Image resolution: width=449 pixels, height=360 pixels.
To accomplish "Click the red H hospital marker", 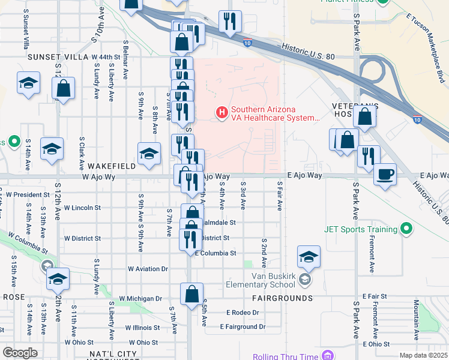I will (x=221, y=112).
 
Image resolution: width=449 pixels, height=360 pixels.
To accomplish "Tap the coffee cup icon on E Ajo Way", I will (x=385, y=175).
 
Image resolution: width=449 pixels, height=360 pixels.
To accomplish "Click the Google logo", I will (x=20, y=353).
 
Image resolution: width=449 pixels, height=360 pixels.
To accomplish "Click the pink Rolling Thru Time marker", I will (x=327, y=356).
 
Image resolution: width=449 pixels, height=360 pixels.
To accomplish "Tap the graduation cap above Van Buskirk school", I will (x=309, y=257).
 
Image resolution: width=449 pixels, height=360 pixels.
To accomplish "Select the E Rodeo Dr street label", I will (x=243, y=313).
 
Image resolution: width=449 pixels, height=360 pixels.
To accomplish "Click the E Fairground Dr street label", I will (x=243, y=327).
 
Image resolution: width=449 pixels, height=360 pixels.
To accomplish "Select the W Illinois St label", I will (x=142, y=328).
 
